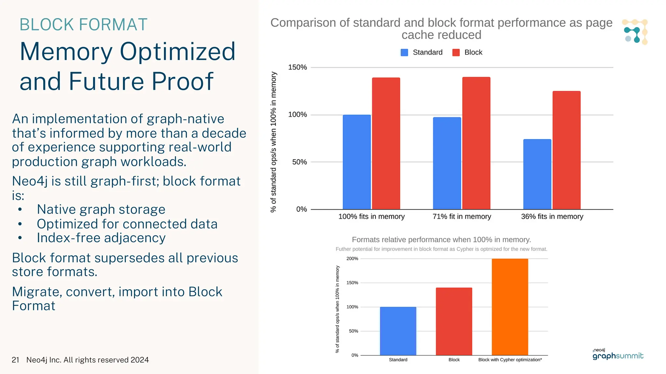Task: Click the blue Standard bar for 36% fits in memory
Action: tap(537, 174)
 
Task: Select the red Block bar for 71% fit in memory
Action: tap(476, 143)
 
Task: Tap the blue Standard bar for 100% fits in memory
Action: tap(356, 162)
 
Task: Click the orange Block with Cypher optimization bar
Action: tap(510, 307)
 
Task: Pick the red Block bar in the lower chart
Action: tap(454, 321)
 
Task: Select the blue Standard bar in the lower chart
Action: tap(398, 331)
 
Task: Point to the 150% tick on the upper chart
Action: tap(297, 67)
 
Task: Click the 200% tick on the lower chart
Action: tap(352, 259)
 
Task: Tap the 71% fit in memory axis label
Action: tap(461, 217)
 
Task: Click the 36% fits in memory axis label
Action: tap(552, 217)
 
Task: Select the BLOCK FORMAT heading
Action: tap(83, 25)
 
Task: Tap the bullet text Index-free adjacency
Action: tap(101, 238)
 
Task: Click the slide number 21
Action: tap(15, 360)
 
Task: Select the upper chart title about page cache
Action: tap(441, 29)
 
